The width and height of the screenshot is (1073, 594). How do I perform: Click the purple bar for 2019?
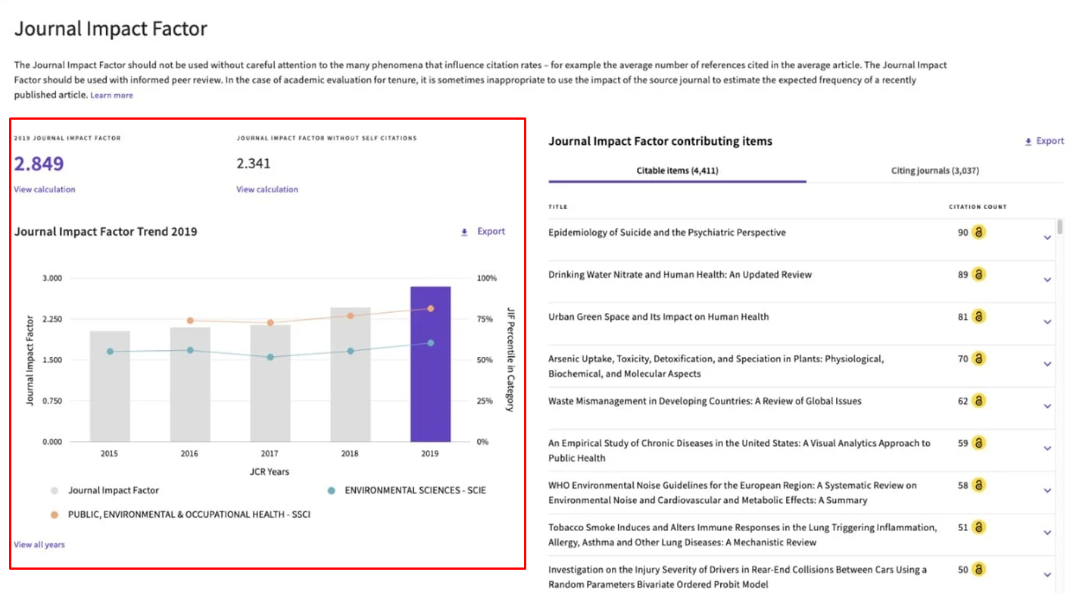(x=430, y=364)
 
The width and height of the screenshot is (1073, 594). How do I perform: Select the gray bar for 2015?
(x=110, y=386)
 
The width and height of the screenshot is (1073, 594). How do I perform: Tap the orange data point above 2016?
(x=190, y=320)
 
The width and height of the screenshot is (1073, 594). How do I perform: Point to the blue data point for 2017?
(x=270, y=357)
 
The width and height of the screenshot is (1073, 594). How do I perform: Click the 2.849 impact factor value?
(x=39, y=164)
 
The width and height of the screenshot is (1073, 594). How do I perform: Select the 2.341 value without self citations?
(x=253, y=164)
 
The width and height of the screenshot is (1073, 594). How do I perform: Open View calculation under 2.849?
(x=44, y=189)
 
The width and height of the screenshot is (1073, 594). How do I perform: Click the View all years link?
(x=39, y=545)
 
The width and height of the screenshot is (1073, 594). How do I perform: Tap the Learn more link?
(x=111, y=95)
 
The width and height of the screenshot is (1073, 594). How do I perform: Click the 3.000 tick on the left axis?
(x=51, y=278)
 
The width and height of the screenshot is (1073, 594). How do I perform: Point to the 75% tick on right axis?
(x=485, y=319)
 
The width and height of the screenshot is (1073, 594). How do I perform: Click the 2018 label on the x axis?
(x=350, y=454)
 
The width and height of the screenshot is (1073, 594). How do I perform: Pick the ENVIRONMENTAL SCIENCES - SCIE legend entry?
(x=415, y=490)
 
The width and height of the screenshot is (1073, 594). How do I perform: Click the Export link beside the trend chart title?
(x=490, y=232)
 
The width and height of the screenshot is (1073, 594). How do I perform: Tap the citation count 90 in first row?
(x=962, y=233)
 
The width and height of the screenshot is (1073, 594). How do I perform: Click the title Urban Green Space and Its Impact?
(x=658, y=317)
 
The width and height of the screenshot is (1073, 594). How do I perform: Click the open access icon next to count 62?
(x=978, y=401)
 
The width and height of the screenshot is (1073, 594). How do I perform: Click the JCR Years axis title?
(x=270, y=471)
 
